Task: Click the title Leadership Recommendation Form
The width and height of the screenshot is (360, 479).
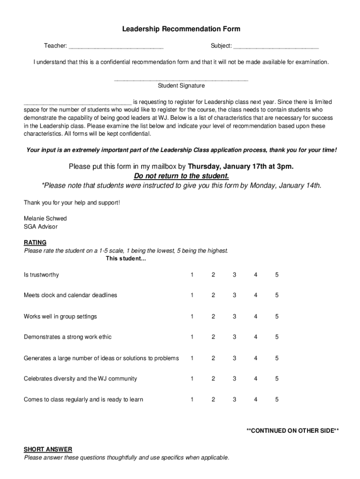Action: click(x=181, y=29)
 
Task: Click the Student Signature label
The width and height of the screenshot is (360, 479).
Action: click(x=181, y=86)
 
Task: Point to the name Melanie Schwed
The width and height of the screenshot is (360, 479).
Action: click(x=45, y=218)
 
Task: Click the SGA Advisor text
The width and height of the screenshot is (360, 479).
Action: click(x=41, y=227)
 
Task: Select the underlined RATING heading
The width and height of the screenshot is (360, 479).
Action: click(x=35, y=243)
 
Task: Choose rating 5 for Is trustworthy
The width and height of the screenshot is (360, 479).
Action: click(x=277, y=275)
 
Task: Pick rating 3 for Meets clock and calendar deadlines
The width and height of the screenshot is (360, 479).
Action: click(x=234, y=295)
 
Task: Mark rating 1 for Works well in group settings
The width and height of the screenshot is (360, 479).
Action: click(x=192, y=317)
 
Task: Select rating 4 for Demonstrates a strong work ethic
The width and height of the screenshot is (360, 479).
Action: click(x=256, y=337)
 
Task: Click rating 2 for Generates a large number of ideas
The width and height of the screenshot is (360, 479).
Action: click(x=213, y=358)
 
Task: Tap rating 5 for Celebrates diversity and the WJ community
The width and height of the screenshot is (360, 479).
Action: click(x=277, y=378)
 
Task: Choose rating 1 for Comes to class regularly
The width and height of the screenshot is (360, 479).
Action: click(x=192, y=399)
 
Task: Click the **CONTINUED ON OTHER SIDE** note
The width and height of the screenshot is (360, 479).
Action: click(x=293, y=431)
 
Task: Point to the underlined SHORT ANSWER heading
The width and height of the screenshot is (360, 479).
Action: click(x=48, y=450)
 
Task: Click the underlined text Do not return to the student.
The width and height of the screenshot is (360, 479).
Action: click(x=181, y=176)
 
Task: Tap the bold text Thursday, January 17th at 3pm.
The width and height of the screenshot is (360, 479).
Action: click(x=241, y=167)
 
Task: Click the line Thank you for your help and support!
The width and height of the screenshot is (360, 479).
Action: click(x=72, y=203)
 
